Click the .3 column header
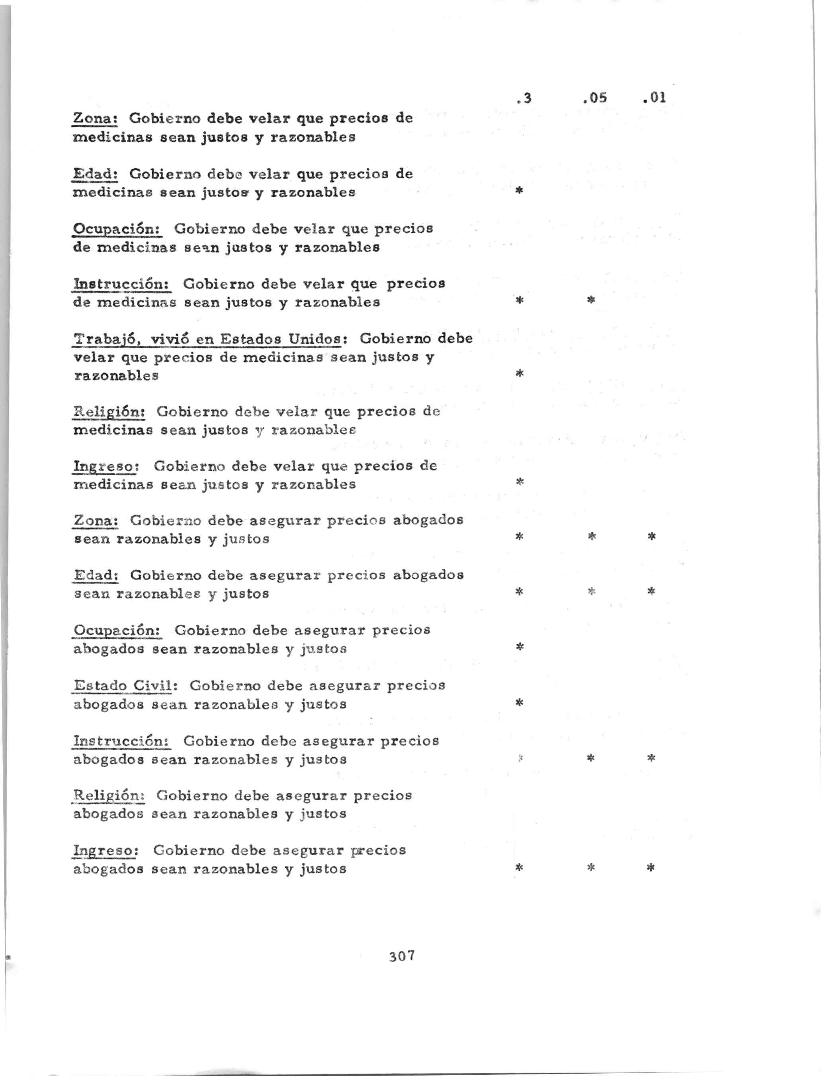(x=524, y=99)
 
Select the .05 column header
(x=595, y=98)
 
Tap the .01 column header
(x=655, y=98)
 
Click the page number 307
(x=402, y=956)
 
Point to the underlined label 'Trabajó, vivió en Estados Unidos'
(x=207, y=339)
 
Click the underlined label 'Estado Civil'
(x=123, y=685)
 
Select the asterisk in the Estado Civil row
(x=520, y=703)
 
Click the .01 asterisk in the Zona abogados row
(x=651, y=537)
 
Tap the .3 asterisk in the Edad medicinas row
(x=520, y=191)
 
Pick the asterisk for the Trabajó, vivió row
(x=520, y=374)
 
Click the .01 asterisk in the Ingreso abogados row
(x=651, y=868)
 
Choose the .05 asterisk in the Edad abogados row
(x=591, y=591)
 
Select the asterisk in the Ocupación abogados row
(x=520, y=647)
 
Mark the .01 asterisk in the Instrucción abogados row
(x=651, y=758)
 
